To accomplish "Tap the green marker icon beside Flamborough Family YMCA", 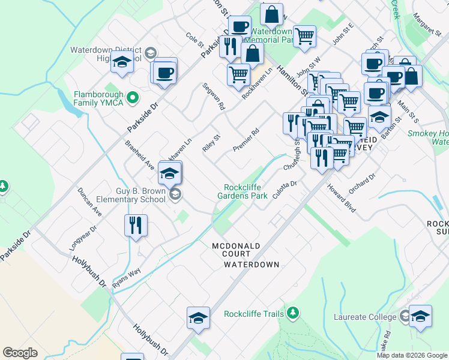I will (134, 96).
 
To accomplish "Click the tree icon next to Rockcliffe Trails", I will (293, 313).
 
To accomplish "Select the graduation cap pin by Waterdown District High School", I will (122, 62).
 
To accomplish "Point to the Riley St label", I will (212, 143).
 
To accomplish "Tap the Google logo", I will (20, 353).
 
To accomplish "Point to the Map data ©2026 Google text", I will (412, 355).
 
